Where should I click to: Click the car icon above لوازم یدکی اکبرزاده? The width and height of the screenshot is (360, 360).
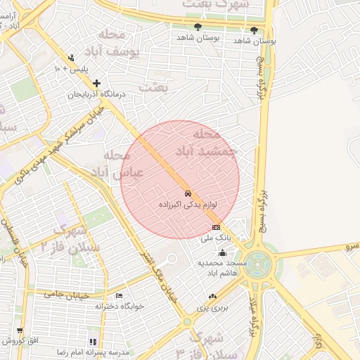click(x=187, y=193)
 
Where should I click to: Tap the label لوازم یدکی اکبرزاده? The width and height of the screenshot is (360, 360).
click(x=187, y=205)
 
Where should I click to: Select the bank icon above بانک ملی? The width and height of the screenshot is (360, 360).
click(x=216, y=227)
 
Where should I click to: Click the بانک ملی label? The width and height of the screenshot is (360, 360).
click(x=216, y=238)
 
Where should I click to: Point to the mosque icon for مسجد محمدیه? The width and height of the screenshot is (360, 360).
click(x=223, y=252)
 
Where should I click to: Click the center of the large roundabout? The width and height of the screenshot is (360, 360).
click(x=259, y=264)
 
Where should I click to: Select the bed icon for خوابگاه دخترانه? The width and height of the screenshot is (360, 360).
click(x=119, y=295)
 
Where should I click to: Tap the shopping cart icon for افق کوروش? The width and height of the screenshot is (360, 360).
click(x=19, y=330)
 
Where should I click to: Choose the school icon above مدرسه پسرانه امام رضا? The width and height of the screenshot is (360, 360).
click(x=94, y=341)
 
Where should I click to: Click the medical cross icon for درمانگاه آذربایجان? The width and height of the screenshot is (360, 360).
click(x=96, y=84)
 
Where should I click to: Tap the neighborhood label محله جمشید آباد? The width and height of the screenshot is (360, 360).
click(x=215, y=141)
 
